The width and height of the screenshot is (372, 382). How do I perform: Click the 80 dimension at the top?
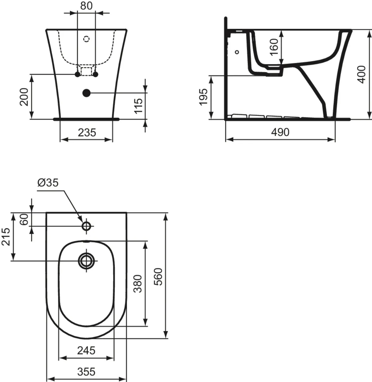[86, 6]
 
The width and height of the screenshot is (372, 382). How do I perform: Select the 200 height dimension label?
[24, 97]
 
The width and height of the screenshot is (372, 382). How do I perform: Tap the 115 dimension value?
[139, 106]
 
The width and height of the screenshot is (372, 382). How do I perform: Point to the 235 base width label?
[87, 132]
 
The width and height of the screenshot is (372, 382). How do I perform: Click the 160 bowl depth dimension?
[274, 47]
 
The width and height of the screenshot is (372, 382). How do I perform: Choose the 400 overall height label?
[361, 74]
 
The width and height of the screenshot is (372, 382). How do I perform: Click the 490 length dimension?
[280, 132]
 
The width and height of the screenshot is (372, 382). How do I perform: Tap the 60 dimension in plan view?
[24, 219]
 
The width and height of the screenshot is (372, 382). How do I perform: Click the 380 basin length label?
[137, 283]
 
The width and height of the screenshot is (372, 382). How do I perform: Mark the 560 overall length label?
[158, 277]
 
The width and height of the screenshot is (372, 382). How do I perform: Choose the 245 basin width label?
[86, 350]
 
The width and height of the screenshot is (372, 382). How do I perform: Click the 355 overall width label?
[86, 371]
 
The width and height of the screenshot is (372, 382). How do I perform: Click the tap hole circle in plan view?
[86, 226]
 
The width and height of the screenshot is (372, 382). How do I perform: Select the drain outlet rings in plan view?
[86, 261]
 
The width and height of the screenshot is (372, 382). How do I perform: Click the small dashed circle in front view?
[86, 39]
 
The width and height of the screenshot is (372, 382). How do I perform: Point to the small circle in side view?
[237, 52]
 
